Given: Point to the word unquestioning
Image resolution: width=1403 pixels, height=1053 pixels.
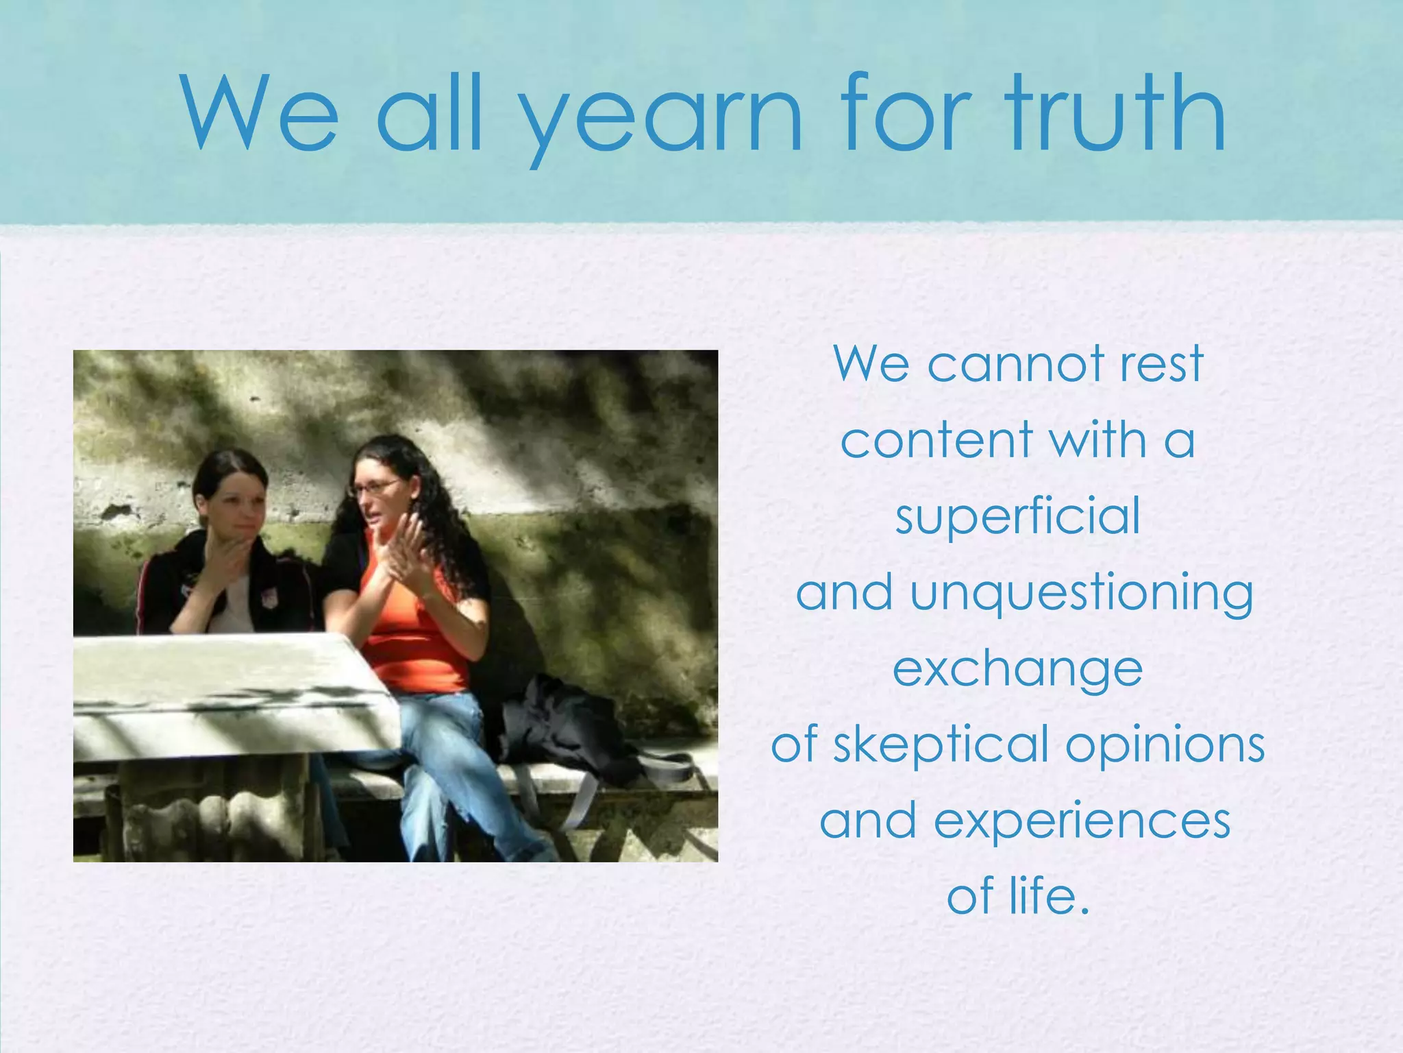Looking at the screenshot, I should coord(1082,594).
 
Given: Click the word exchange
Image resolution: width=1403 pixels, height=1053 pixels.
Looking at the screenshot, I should coord(1018,670).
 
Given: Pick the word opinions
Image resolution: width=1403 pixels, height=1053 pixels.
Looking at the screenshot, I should coord(1165,746).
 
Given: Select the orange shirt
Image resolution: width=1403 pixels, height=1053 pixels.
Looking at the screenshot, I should coord(411,638).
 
